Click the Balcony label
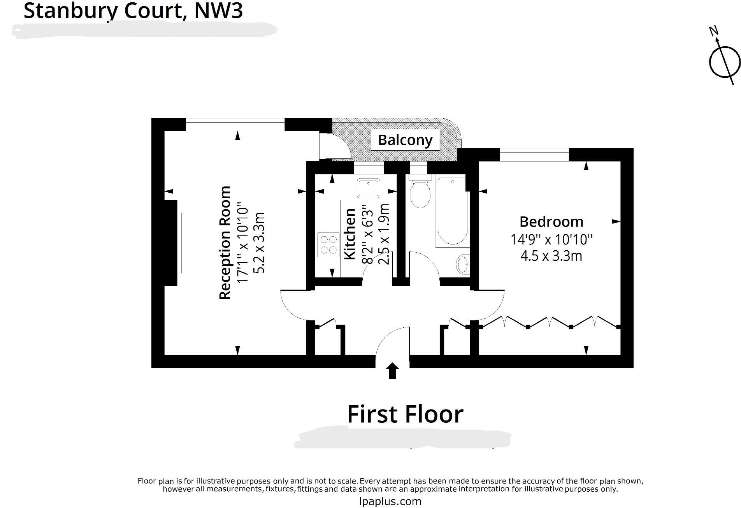(x=405, y=140)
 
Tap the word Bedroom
(x=551, y=221)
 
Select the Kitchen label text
(x=350, y=234)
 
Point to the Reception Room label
(x=225, y=243)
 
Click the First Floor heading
(x=405, y=414)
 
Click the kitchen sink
(x=369, y=188)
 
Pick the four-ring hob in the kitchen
(x=328, y=244)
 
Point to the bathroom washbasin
(x=463, y=265)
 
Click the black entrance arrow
(x=392, y=371)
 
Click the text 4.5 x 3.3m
(x=551, y=256)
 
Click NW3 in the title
(x=218, y=11)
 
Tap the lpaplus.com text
(x=390, y=501)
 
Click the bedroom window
(x=534, y=155)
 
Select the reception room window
(x=235, y=125)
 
